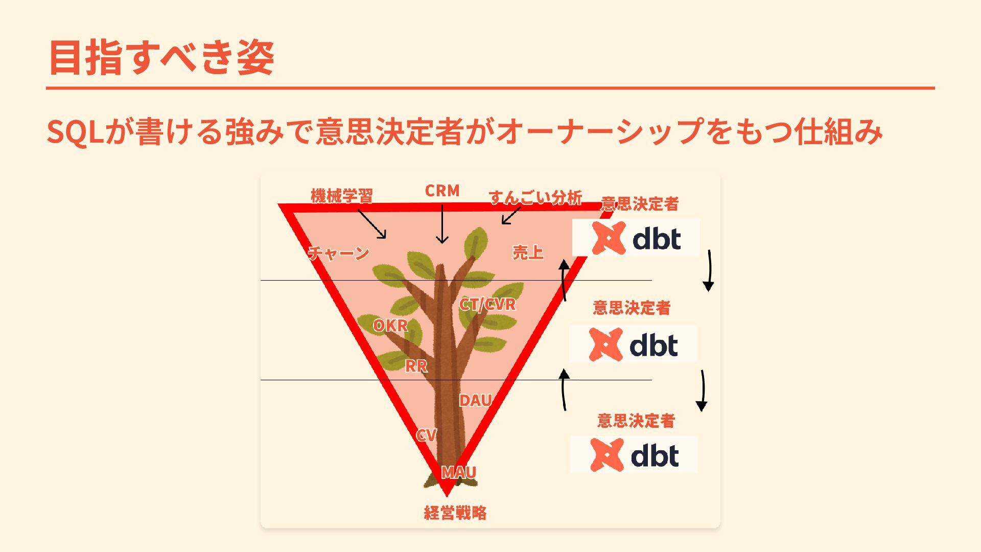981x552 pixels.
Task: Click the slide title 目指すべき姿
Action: [x=161, y=57]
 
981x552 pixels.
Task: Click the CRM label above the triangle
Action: [x=442, y=191]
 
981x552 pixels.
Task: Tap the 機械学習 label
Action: [x=342, y=196]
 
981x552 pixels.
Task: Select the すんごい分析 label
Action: [x=535, y=197]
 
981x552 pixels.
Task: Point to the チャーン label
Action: [x=338, y=253]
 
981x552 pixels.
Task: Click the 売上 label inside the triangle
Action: [x=528, y=252]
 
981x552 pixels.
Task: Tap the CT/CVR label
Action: [x=487, y=305]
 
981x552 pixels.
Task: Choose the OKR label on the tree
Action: [x=390, y=326]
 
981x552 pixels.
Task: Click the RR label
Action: [x=416, y=366]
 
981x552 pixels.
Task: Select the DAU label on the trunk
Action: [x=475, y=401]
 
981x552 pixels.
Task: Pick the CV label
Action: [x=426, y=435]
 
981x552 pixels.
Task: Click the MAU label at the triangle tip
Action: [x=458, y=472]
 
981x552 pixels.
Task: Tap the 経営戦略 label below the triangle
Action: [x=455, y=513]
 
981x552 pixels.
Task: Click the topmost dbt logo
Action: [x=636, y=238]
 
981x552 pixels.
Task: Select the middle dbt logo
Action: [x=633, y=344]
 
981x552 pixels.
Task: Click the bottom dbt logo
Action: [x=634, y=454]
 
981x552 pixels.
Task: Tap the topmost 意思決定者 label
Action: [x=640, y=204]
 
